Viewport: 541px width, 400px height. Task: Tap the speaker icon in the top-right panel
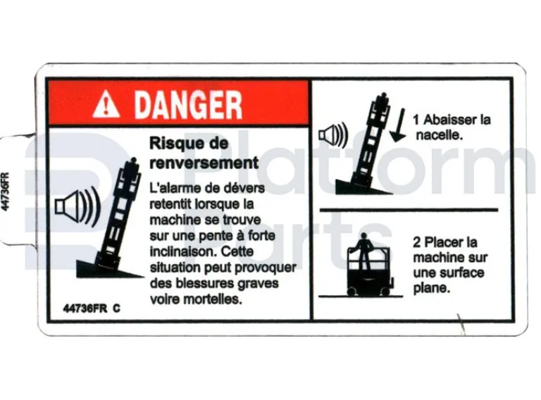click(x=332, y=134)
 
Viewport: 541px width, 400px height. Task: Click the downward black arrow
click(x=398, y=125)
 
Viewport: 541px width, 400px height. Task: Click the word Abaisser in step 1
click(x=449, y=119)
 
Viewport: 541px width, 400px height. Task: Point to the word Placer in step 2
click(x=448, y=243)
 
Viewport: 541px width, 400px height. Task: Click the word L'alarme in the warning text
click(x=172, y=189)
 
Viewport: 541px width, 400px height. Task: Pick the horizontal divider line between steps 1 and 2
click(x=409, y=209)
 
